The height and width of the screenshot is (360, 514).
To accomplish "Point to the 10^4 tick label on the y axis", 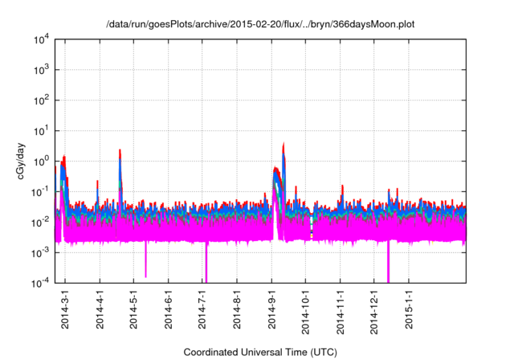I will pos(40,39).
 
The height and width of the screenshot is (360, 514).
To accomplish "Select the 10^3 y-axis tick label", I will pos(40,70).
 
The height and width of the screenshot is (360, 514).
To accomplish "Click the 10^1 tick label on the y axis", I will pos(40,131).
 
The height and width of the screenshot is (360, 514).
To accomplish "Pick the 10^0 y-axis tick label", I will pos(40,161).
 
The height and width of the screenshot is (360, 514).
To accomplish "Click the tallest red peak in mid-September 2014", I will pos(284,145).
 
